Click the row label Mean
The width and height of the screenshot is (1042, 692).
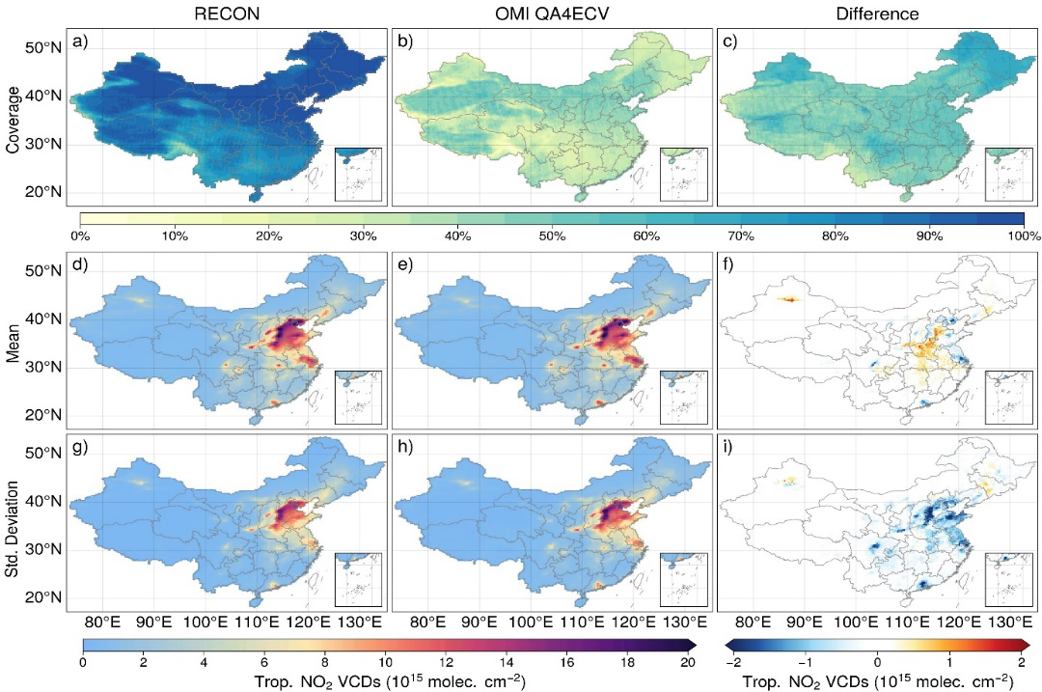coord(14,343)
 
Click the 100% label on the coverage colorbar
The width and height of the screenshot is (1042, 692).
coord(1023,235)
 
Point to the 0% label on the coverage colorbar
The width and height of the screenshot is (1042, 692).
coord(80,235)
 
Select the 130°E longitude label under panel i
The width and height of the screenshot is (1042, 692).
coord(1006,620)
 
